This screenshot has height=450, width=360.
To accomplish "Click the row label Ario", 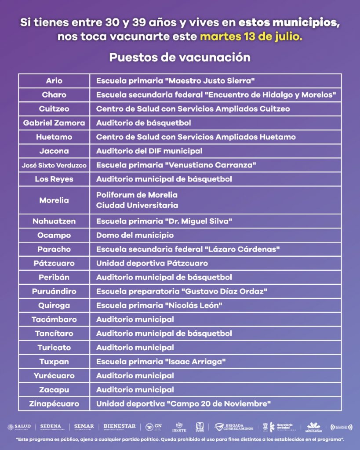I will click(x=54, y=81).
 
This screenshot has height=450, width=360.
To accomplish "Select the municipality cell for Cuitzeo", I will click(x=54, y=109).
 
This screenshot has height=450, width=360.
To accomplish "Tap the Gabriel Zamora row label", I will click(x=54, y=123).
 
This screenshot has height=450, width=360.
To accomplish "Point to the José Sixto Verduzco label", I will click(x=54, y=165).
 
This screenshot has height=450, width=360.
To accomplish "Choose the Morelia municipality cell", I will click(x=54, y=200).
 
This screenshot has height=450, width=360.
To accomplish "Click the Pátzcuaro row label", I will click(x=54, y=263).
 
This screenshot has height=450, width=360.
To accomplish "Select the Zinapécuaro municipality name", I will click(x=54, y=404).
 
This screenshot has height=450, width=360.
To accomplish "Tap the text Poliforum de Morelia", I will click(x=137, y=195).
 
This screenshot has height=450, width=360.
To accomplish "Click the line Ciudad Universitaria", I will click(x=137, y=205).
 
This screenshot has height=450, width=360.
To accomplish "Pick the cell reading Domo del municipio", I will click(x=135, y=235).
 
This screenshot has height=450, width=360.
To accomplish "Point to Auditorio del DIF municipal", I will click(x=149, y=151).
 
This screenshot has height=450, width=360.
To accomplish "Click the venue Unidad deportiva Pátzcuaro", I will click(x=152, y=263).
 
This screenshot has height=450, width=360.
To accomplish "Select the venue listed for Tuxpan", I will click(x=161, y=362).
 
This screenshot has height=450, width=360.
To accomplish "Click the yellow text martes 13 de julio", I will click(x=251, y=36).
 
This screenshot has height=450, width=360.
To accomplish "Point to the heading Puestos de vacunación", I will click(x=180, y=58).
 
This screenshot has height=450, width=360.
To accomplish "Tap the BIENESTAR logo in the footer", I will click(x=120, y=426).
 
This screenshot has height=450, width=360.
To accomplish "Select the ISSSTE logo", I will click(x=178, y=427).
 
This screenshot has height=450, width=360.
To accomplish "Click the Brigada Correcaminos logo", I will click(x=234, y=427).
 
